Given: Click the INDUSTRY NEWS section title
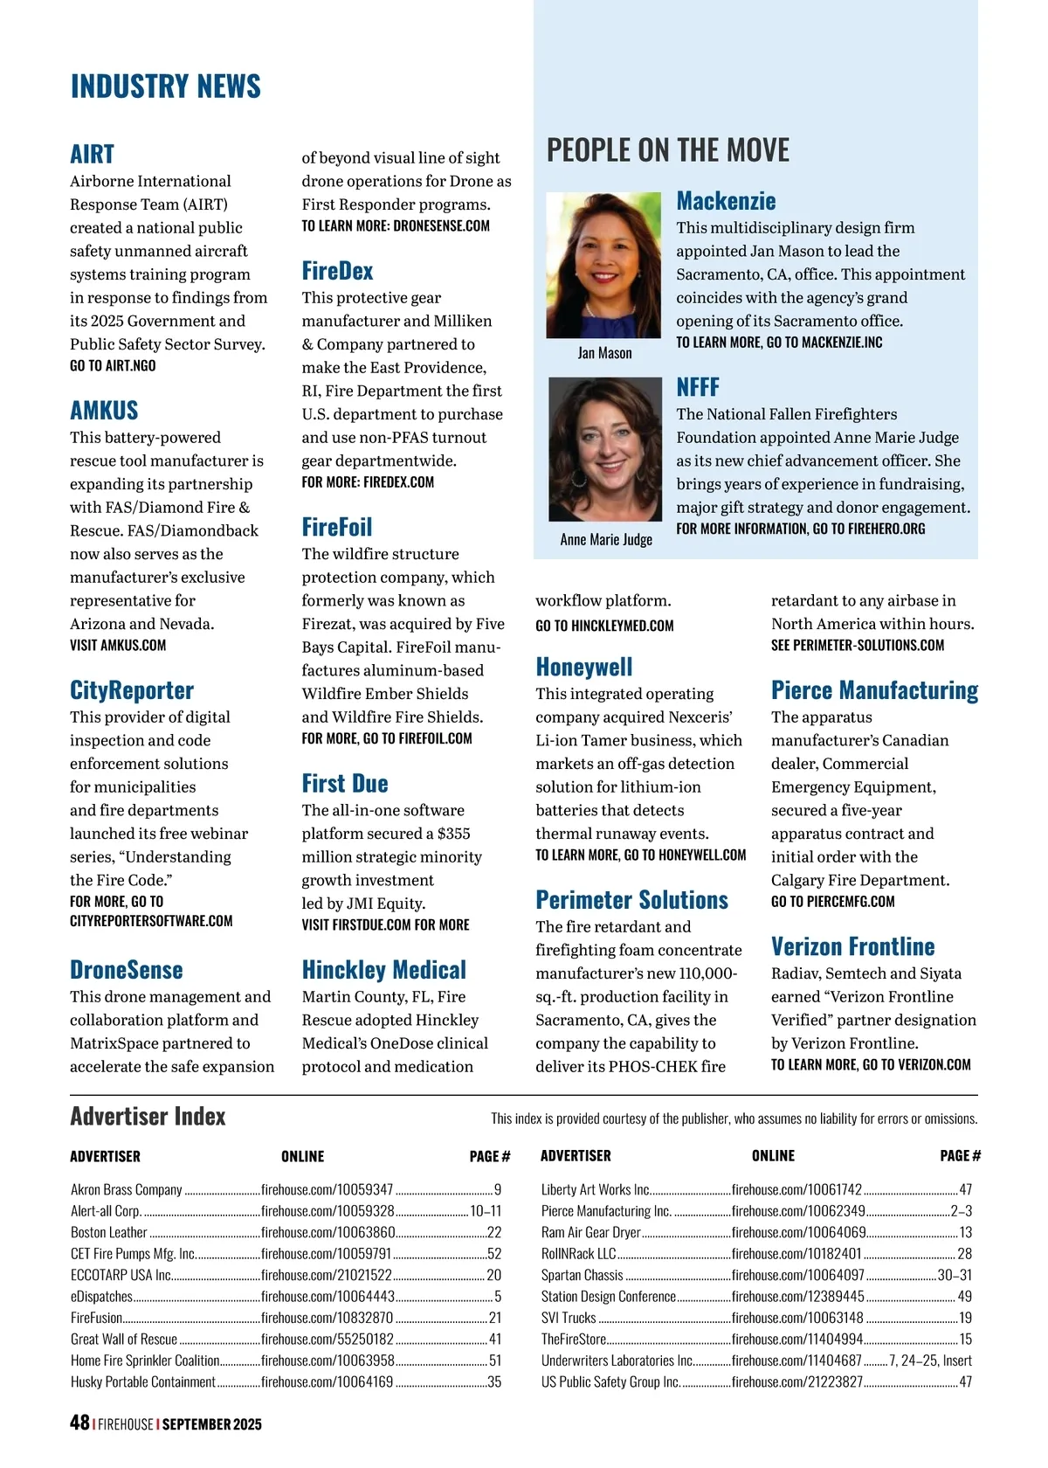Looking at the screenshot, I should click(165, 87).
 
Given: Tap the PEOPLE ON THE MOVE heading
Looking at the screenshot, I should click(667, 150).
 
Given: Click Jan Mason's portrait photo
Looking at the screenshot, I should click(603, 265).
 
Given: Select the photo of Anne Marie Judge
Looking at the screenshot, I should click(604, 449).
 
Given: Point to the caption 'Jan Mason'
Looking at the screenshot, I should click(604, 353).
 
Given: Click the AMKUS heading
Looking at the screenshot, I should click(104, 410).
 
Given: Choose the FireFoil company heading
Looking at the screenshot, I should click(336, 527).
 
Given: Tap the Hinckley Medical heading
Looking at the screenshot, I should click(383, 969).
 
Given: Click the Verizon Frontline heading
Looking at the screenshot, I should click(852, 946).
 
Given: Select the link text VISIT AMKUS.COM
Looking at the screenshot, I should click(118, 645).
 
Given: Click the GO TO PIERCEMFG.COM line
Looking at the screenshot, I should click(832, 901).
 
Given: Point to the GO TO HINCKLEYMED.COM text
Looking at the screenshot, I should click(604, 626).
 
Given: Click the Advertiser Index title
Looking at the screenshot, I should click(148, 1117).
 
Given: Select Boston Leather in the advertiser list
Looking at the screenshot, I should click(109, 1232).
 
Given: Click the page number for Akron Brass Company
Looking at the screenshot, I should click(498, 1189).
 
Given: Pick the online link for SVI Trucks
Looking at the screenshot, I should click(796, 1318).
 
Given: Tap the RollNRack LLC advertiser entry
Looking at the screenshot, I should click(578, 1254).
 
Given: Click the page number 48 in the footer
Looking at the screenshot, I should click(79, 1423).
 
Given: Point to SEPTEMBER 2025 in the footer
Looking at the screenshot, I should click(211, 1424).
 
